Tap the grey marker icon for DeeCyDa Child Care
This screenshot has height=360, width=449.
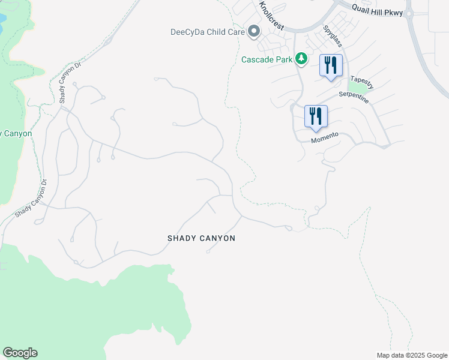[x=255, y=31]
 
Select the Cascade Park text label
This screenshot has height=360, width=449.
[x=267, y=59]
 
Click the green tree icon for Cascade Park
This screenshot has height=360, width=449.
[x=301, y=59]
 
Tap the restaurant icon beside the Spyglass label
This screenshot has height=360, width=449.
[x=331, y=65]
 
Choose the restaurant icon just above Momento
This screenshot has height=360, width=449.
[x=316, y=116]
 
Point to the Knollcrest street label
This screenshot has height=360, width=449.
[x=271, y=16]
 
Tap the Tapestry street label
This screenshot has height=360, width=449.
[x=362, y=83]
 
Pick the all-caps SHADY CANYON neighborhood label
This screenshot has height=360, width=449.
[x=201, y=238]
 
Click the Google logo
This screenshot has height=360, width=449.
[x=20, y=353]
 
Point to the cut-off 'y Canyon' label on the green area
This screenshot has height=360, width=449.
[x=16, y=133]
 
